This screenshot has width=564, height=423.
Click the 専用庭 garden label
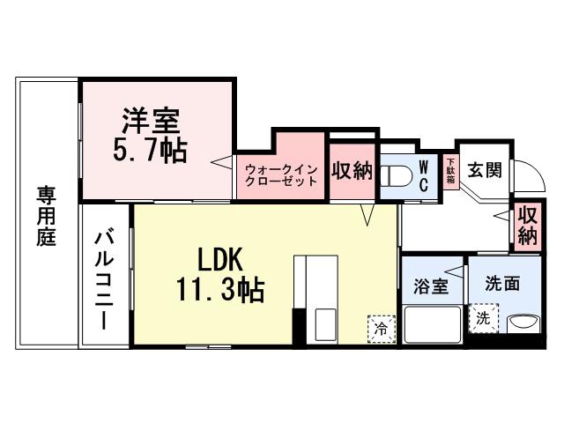coord(47,215)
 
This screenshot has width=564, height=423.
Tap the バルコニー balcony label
coord(104,277)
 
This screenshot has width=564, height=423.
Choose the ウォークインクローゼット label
coord(280,174)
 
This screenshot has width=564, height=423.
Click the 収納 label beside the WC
coord(352,170)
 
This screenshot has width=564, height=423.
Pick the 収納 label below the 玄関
coord(527,226)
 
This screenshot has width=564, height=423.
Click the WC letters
coord(423,174)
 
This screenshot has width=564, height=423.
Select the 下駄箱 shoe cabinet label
coord(449,171)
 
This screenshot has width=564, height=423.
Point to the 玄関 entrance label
coord(484,169)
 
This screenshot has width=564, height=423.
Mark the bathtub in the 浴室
coord(433,324)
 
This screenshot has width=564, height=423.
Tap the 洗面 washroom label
coord(501,284)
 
